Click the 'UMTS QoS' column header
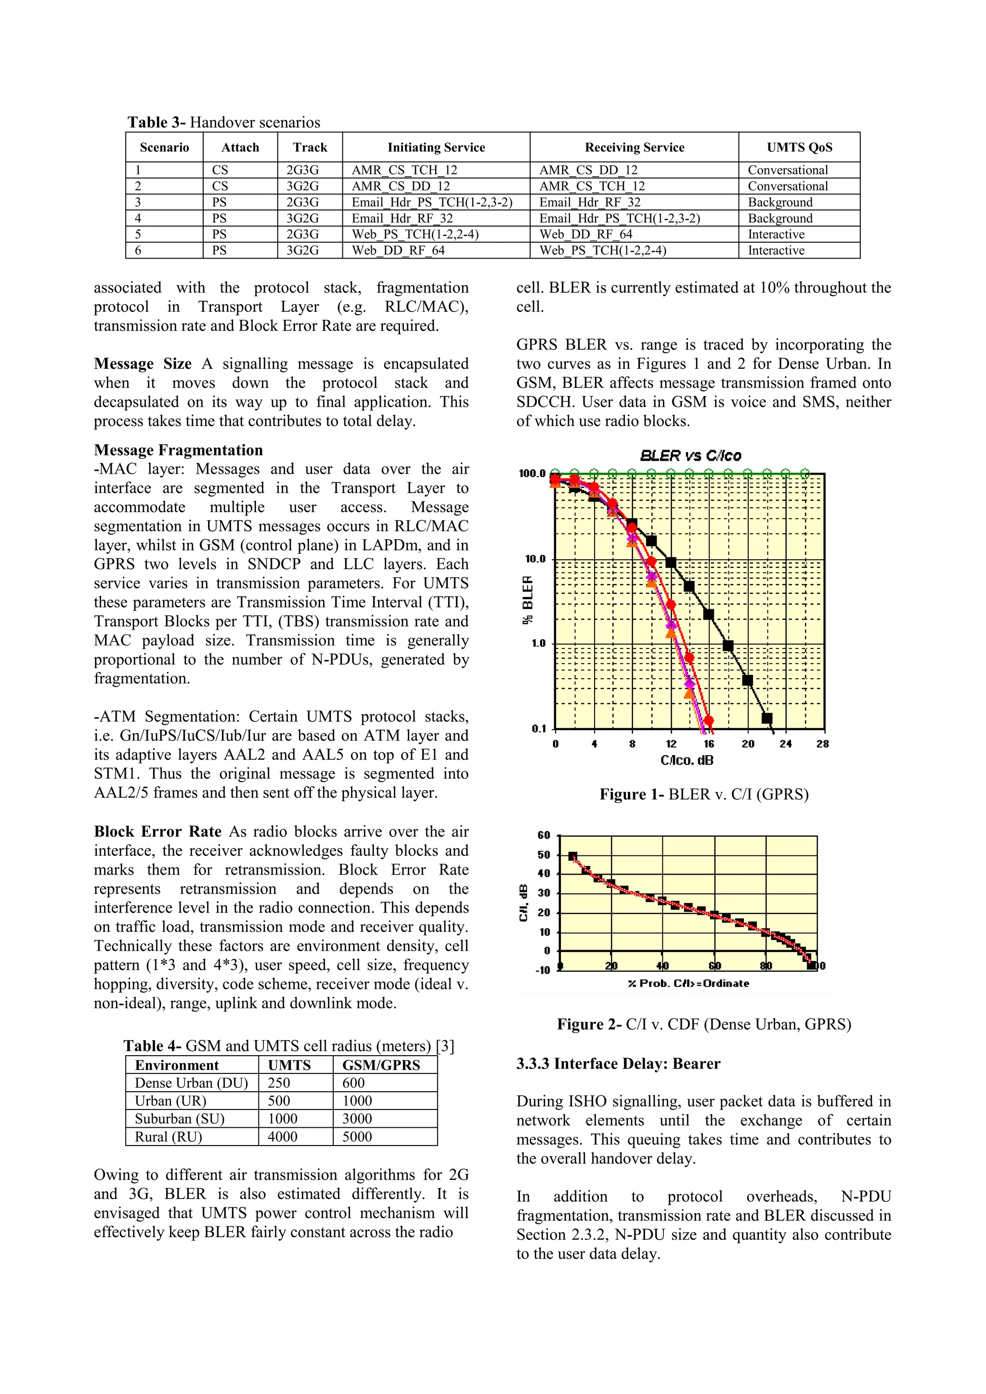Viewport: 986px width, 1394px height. pyautogui.click(x=799, y=148)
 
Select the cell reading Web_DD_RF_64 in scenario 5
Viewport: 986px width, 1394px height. pyautogui.click(x=586, y=234)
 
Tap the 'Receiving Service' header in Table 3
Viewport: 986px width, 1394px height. pyautogui.click(x=634, y=148)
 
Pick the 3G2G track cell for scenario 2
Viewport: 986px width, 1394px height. pyautogui.click(x=302, y=186)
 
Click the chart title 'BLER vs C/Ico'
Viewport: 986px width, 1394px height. pyautogui.click(x=690, y=456)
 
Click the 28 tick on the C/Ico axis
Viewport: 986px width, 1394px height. pyautogui.click(x=822, y=744)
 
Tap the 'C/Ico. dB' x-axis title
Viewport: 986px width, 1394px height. pyautogui.click(x=687, y=760)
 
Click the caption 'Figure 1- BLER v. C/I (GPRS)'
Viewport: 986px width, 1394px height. pyautogui.click(x=704, y=794)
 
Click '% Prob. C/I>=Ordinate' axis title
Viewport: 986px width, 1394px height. pyautogui.click(x=688, y=983)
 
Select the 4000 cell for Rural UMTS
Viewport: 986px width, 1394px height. pyautogui.click(x=283, y=1136)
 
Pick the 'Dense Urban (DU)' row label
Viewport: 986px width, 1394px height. pyautogui.click(x=191, y=1083)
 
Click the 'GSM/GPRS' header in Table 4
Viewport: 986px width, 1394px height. pyautogui.click(x=381, y=1065)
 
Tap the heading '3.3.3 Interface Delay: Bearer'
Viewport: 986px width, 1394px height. pyautogui.click(x=618, y=1063)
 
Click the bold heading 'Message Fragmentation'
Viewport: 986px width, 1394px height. pyautogui.click(x=179, y=450)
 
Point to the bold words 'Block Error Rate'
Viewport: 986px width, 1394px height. pyautogui.click(x=158, y=831)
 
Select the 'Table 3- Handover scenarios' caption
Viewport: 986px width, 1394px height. pyautogui.click(x=223, y=122)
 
